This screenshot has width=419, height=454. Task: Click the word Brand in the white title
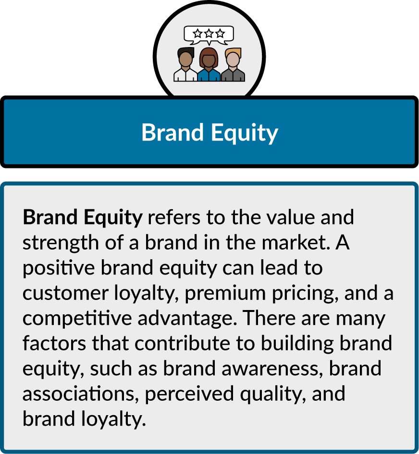point(172,132)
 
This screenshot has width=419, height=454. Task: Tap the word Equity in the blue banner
point(245,133)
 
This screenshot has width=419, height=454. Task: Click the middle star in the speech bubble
point(209,33)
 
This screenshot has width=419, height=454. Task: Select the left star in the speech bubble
point(197,33)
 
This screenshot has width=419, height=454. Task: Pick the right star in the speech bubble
point(220,33)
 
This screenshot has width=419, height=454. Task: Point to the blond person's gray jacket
point(233,75)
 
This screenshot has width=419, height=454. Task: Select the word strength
point(61,243)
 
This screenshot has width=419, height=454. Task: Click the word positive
point(59,268)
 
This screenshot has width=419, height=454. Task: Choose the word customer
point(65,293)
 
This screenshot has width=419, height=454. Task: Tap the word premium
point(225,294)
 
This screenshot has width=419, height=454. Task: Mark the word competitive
point(77,319)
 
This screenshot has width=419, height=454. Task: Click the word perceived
point(189,394)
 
